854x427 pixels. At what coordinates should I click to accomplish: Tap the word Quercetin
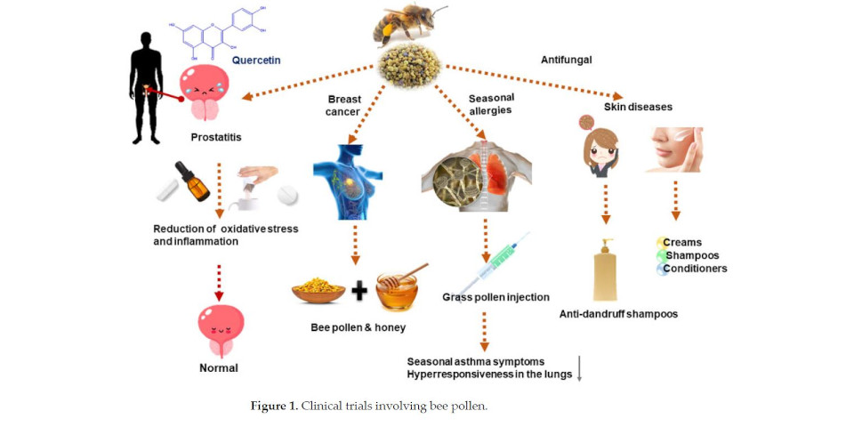pyautogui.click(x=256, y=60)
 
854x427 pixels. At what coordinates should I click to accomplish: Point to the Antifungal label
pyautogui.click(x=566, y=60)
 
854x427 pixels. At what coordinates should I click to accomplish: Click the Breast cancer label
pyautogui.click(x=343, y=106)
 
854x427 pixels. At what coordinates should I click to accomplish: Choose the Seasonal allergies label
pyautogui.click(x=492, y=103)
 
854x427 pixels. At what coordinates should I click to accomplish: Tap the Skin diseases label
pyautogui.click(x=639, y=107)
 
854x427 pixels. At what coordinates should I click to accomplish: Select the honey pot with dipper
pyautogui.click(x=401, y=289)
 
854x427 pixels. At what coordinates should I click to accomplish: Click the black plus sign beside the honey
pyautogui.click(x=359, y=291)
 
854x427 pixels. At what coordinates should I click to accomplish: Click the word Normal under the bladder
pyautogui.click(x=219, y=367)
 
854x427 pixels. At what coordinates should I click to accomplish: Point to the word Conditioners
pyautogui.click(x=695, y=269)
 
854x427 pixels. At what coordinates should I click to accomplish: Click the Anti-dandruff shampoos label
pyautogui.click(x=619, y=314)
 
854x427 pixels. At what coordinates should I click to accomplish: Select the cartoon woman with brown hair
pyautogui.click(x=599, y=152)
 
